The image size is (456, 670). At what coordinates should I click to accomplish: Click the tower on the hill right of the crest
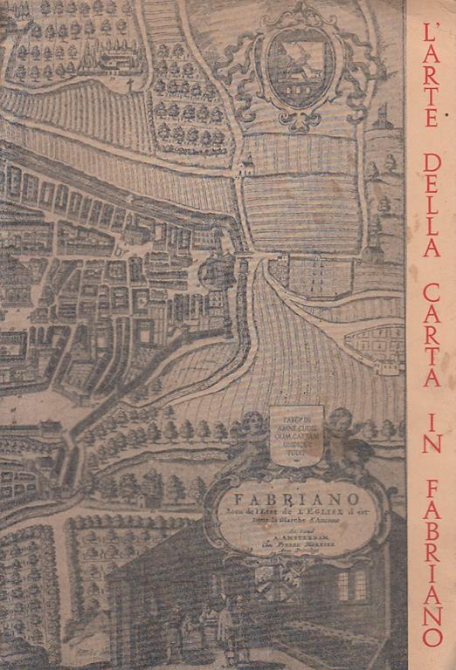[x=382, y=118]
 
